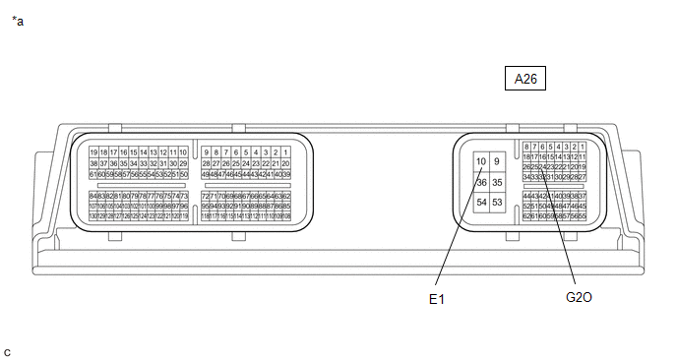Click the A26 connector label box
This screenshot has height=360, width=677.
pos(526,80)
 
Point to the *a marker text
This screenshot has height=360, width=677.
pos(17,19)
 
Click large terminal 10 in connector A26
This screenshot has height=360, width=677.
pos(481,160)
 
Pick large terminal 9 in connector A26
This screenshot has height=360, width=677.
pos(497,160)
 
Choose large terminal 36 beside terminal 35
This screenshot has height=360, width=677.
pos(481,182)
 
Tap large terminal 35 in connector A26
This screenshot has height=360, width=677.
pos(497,182)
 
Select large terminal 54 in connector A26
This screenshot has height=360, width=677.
pos(481,203)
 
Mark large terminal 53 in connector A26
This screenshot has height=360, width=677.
pos(497,203)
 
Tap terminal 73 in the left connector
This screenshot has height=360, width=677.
pos(183,196)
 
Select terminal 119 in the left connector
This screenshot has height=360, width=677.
pos(183,215)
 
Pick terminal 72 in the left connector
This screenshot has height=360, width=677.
pos(205,196)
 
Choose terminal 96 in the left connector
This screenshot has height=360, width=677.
pos(183,206)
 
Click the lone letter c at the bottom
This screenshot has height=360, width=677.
pos(8,351)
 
